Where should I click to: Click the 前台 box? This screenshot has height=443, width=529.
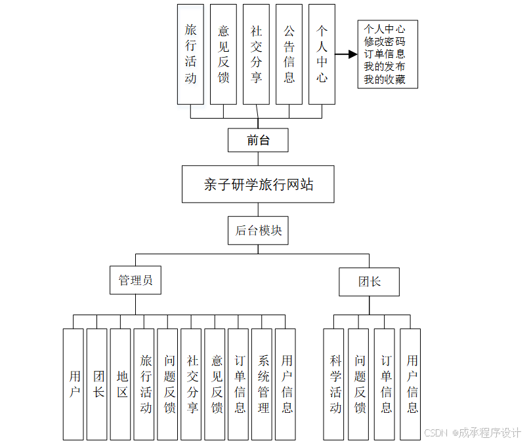click(258, 140)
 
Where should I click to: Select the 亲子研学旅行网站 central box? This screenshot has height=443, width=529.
click(259, 184)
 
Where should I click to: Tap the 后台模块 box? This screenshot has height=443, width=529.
click(258, 231)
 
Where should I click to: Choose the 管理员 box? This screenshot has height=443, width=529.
click(136, 280)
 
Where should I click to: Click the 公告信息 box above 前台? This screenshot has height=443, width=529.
click(289, 54)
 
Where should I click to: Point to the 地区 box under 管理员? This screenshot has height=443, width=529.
click(121, 384)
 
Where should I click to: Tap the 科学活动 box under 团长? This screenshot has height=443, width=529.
click(335, 384)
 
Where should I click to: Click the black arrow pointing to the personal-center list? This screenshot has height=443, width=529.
click(346, 54)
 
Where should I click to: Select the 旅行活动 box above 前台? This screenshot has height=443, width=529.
click(190, 54)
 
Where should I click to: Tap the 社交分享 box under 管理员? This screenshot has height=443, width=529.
click(192, 384)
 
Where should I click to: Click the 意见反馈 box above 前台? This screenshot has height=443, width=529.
click(223, 54)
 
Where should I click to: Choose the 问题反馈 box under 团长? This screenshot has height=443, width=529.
click(359, 384)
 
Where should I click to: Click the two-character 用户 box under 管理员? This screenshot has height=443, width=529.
click(74, 384)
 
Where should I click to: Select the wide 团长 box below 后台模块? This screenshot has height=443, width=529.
click(369, 282)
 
